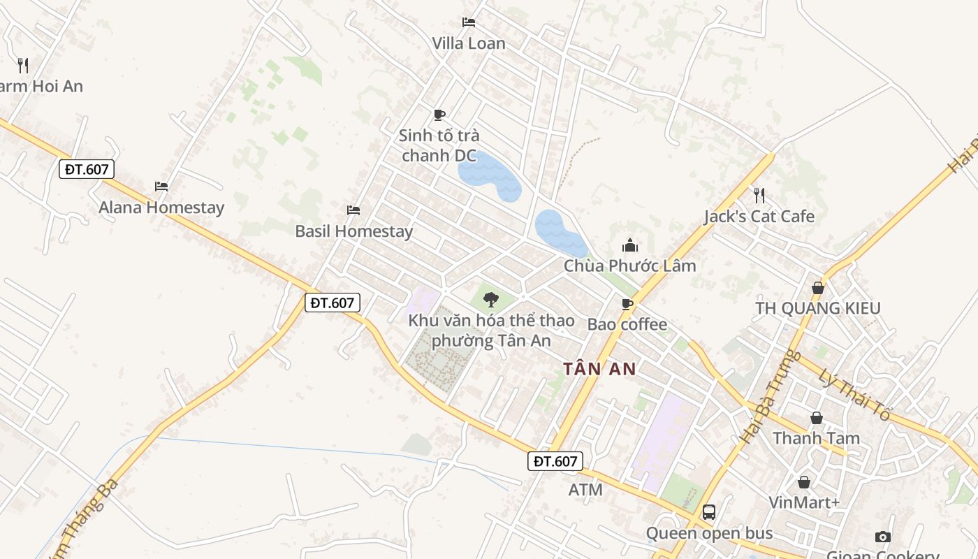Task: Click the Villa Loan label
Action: tap(468, 43)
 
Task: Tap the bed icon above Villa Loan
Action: tap(468, 22)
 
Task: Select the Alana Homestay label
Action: tap(161, 208)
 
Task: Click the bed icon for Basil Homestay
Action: tap(353, 210)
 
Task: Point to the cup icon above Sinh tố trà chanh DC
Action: tap(439, 115)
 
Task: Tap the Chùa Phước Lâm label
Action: tap(629, 266)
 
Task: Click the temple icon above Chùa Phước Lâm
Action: tap(629, 245)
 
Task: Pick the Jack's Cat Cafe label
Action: tap(759, 217)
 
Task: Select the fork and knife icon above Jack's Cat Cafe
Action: tap(759, 195)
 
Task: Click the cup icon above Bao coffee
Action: tap(627, 304)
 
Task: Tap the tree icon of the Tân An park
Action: tap(491, 300)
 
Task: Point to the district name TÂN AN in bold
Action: tap(599, 369)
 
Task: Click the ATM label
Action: tap(585, 490)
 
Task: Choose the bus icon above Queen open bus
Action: tap(709, 512)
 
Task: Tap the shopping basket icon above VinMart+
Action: tap(804, 482)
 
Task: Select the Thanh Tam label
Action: tap(816, 439)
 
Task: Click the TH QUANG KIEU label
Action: tap(818, 308)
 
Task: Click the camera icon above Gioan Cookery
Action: tap(883, 537)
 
